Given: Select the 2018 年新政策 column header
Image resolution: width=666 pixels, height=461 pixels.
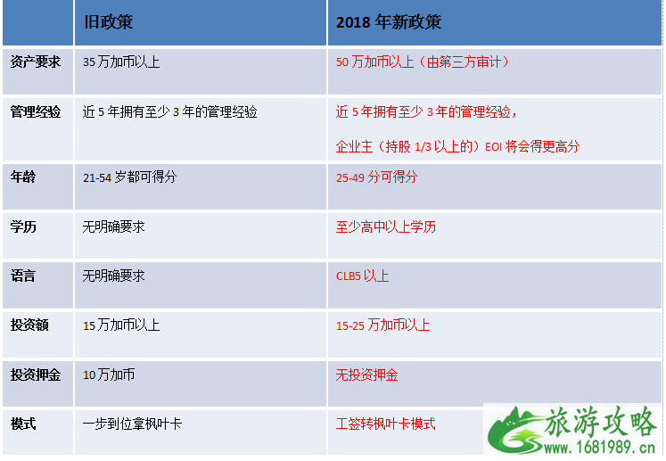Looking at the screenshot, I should point(389,21).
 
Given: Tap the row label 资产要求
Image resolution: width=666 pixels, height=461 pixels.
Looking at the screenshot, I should point(36,62).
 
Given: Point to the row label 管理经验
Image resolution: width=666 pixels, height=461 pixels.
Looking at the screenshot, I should point(36,112).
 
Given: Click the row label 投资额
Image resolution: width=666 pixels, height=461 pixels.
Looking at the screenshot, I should point(29,325).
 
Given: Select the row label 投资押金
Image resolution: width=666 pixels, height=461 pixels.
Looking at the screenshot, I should point(36,375).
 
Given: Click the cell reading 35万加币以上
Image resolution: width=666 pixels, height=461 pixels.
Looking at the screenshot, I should point(121,62).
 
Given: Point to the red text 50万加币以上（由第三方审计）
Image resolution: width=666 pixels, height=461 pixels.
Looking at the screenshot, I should point(423,62).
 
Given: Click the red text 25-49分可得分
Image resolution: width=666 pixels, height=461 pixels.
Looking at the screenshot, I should point(376,177).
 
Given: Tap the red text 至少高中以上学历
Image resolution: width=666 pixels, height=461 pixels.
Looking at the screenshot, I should point(386,226).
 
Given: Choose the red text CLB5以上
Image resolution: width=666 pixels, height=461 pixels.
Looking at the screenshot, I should point(362,276).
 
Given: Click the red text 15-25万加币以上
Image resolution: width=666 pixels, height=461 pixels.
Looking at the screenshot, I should point(382,325).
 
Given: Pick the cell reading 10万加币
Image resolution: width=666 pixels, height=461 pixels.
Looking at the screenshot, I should point(109,375).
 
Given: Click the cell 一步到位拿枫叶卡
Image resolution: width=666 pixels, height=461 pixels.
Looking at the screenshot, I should point(132,424).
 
